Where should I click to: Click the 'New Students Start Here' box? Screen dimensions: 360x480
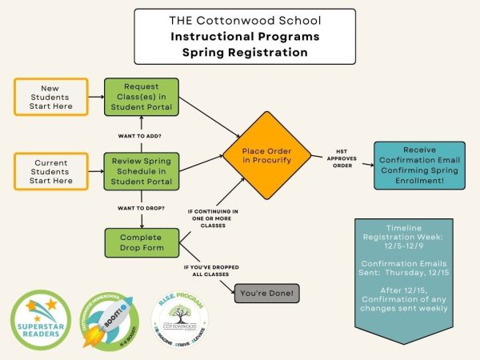(50, 97)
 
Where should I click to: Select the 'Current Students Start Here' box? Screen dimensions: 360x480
(50, 170)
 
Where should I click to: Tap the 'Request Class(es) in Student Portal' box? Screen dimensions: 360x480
(142, 97)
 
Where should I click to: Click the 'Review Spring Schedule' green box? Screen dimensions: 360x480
(142, 170)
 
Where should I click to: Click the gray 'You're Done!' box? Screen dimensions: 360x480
(267, 294)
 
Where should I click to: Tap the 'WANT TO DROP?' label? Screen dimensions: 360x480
(141, 208)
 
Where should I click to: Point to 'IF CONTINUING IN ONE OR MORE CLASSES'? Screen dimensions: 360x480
(211, 218)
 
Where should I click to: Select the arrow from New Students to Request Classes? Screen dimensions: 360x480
(96, 97)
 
